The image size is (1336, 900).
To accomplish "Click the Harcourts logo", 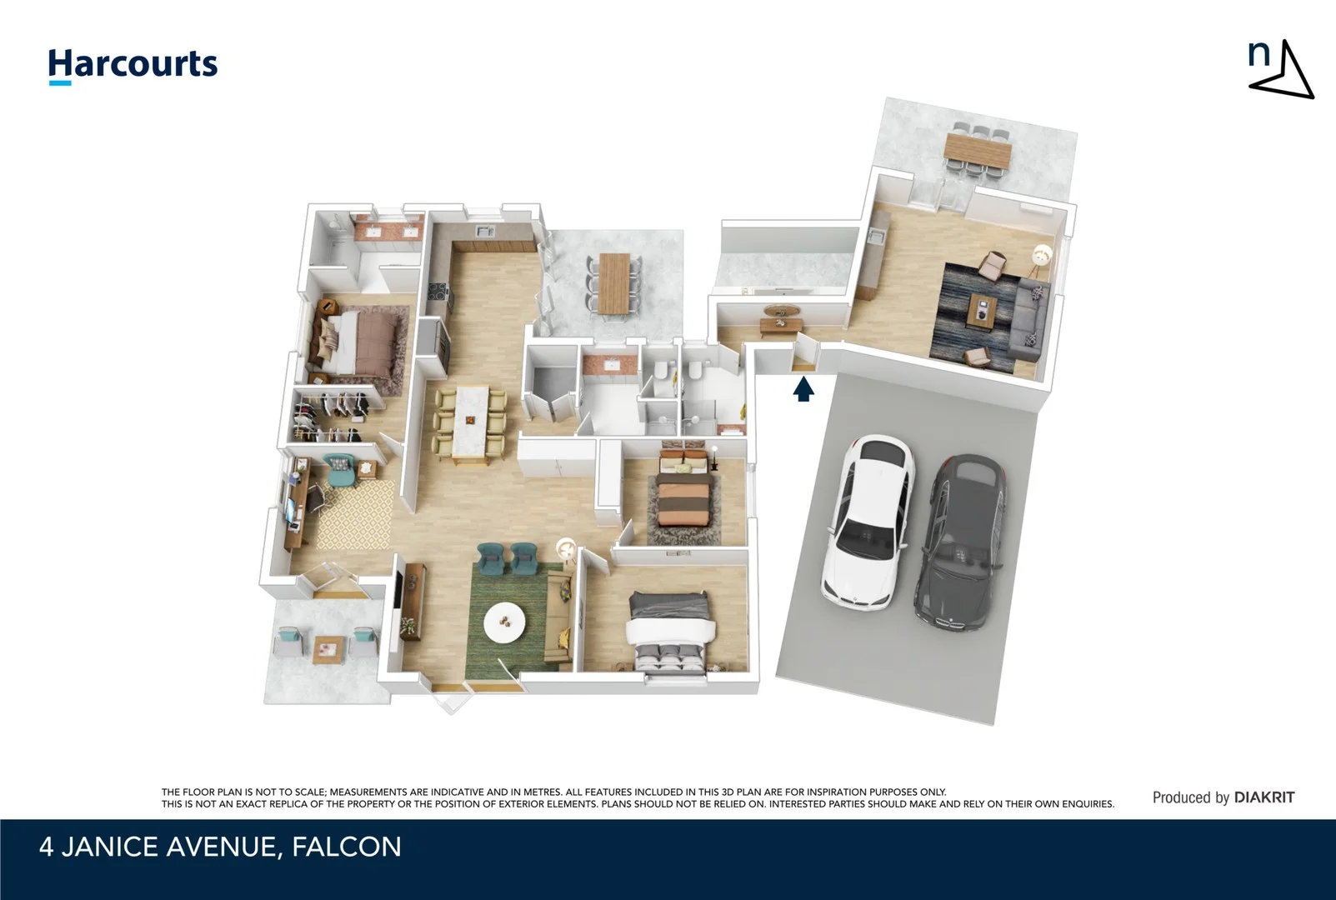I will [133, 65].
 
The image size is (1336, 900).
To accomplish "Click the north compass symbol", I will [1280, 70].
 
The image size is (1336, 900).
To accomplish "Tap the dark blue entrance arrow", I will [803, 389].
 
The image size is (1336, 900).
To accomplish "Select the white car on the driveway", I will [868, 522].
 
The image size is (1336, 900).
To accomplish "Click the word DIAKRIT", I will [1264, 797].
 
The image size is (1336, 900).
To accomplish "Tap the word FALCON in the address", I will [346, 847].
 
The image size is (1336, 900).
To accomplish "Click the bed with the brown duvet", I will [358, 342].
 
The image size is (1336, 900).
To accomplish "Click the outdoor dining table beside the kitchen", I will [615, 282].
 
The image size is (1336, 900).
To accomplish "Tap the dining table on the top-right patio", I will [978, 151].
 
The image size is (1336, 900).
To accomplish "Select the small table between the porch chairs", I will [328, 647].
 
